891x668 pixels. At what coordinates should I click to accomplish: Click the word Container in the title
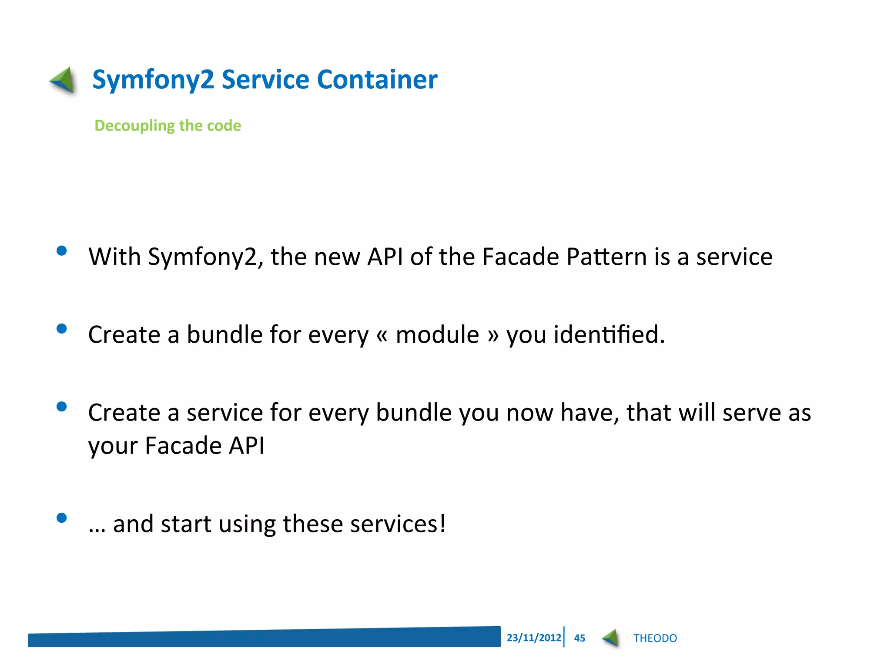tap(377, 80)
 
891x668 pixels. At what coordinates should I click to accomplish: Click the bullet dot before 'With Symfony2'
tap(62, 250)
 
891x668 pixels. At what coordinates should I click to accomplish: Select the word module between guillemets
tap(437, 335)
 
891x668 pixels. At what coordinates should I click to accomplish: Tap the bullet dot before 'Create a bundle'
tap(62, 328)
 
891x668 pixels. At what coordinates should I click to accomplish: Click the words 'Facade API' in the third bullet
tap(204, 446)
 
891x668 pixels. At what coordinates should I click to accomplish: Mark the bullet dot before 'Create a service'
tap(62, 406)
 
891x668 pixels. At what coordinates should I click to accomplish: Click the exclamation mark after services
tap(442, 523)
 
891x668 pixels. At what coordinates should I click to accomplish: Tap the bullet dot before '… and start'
tap(62, 518)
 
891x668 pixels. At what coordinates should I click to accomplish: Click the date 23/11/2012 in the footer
tap(533, 638)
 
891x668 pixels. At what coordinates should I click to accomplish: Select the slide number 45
tap(579, 638)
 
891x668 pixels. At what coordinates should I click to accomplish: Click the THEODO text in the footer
tap(655, 638)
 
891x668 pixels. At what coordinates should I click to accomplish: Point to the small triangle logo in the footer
tap(611, 638)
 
